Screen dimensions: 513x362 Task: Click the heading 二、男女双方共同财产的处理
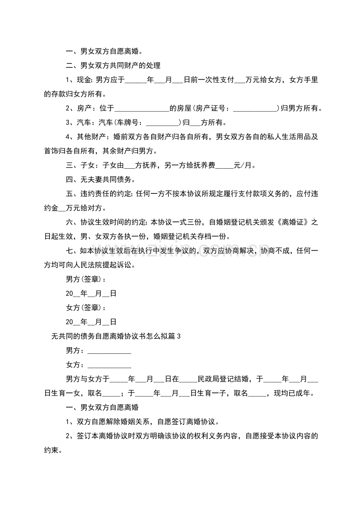(x=113, y=65)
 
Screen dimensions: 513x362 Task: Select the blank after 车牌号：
(x=163, y=122)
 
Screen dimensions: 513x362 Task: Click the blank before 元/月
(x=225, y=165)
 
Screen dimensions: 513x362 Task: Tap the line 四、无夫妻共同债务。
(x=100, y=180)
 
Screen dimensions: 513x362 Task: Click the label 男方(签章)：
(x=86, y=279)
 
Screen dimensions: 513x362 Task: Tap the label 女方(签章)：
(x=86, y=308)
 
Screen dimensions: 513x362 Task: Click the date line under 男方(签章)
(x=91, y=294)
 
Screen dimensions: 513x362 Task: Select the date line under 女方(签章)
(x=91, y=322)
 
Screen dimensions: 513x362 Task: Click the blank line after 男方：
(x=109, y=351)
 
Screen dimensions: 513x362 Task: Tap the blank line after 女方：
(x=109, y=365)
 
